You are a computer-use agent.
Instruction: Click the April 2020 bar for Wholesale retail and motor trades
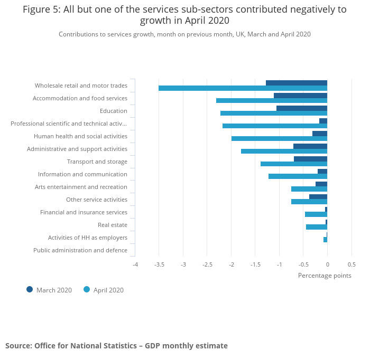(x=243, y=88)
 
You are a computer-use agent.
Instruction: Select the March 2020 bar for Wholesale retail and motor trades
(x=297, y=83)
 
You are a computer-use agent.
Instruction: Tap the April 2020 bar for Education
(x=274, y=113)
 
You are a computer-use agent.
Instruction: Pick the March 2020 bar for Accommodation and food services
(x=300, y=96)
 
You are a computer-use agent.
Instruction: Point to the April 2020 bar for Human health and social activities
(x=279, y=139)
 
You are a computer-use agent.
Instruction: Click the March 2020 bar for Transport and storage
(x=310, y=159)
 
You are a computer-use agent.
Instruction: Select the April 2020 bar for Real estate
(x=316, y=227)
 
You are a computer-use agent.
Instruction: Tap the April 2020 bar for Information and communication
(x=298, y=176)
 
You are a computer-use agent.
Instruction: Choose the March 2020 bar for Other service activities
(x=318, y=197)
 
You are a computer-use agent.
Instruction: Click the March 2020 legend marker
(x=30, y=289)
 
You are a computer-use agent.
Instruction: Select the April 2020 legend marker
(x=87, y=289)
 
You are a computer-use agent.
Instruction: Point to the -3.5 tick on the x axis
(x=159, y=264)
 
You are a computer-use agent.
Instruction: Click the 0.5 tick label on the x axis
(x=351, y=264)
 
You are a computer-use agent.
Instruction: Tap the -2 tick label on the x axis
(x=231, y=264)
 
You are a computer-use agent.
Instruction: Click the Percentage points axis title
(x=325, y=275)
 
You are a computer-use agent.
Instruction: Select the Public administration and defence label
(x=80, y=250)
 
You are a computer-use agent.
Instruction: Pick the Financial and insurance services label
(x=84, y=212)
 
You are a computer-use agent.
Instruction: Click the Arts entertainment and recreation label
(x=81, y=187)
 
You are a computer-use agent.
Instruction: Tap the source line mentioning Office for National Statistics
(x=116, y=346)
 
